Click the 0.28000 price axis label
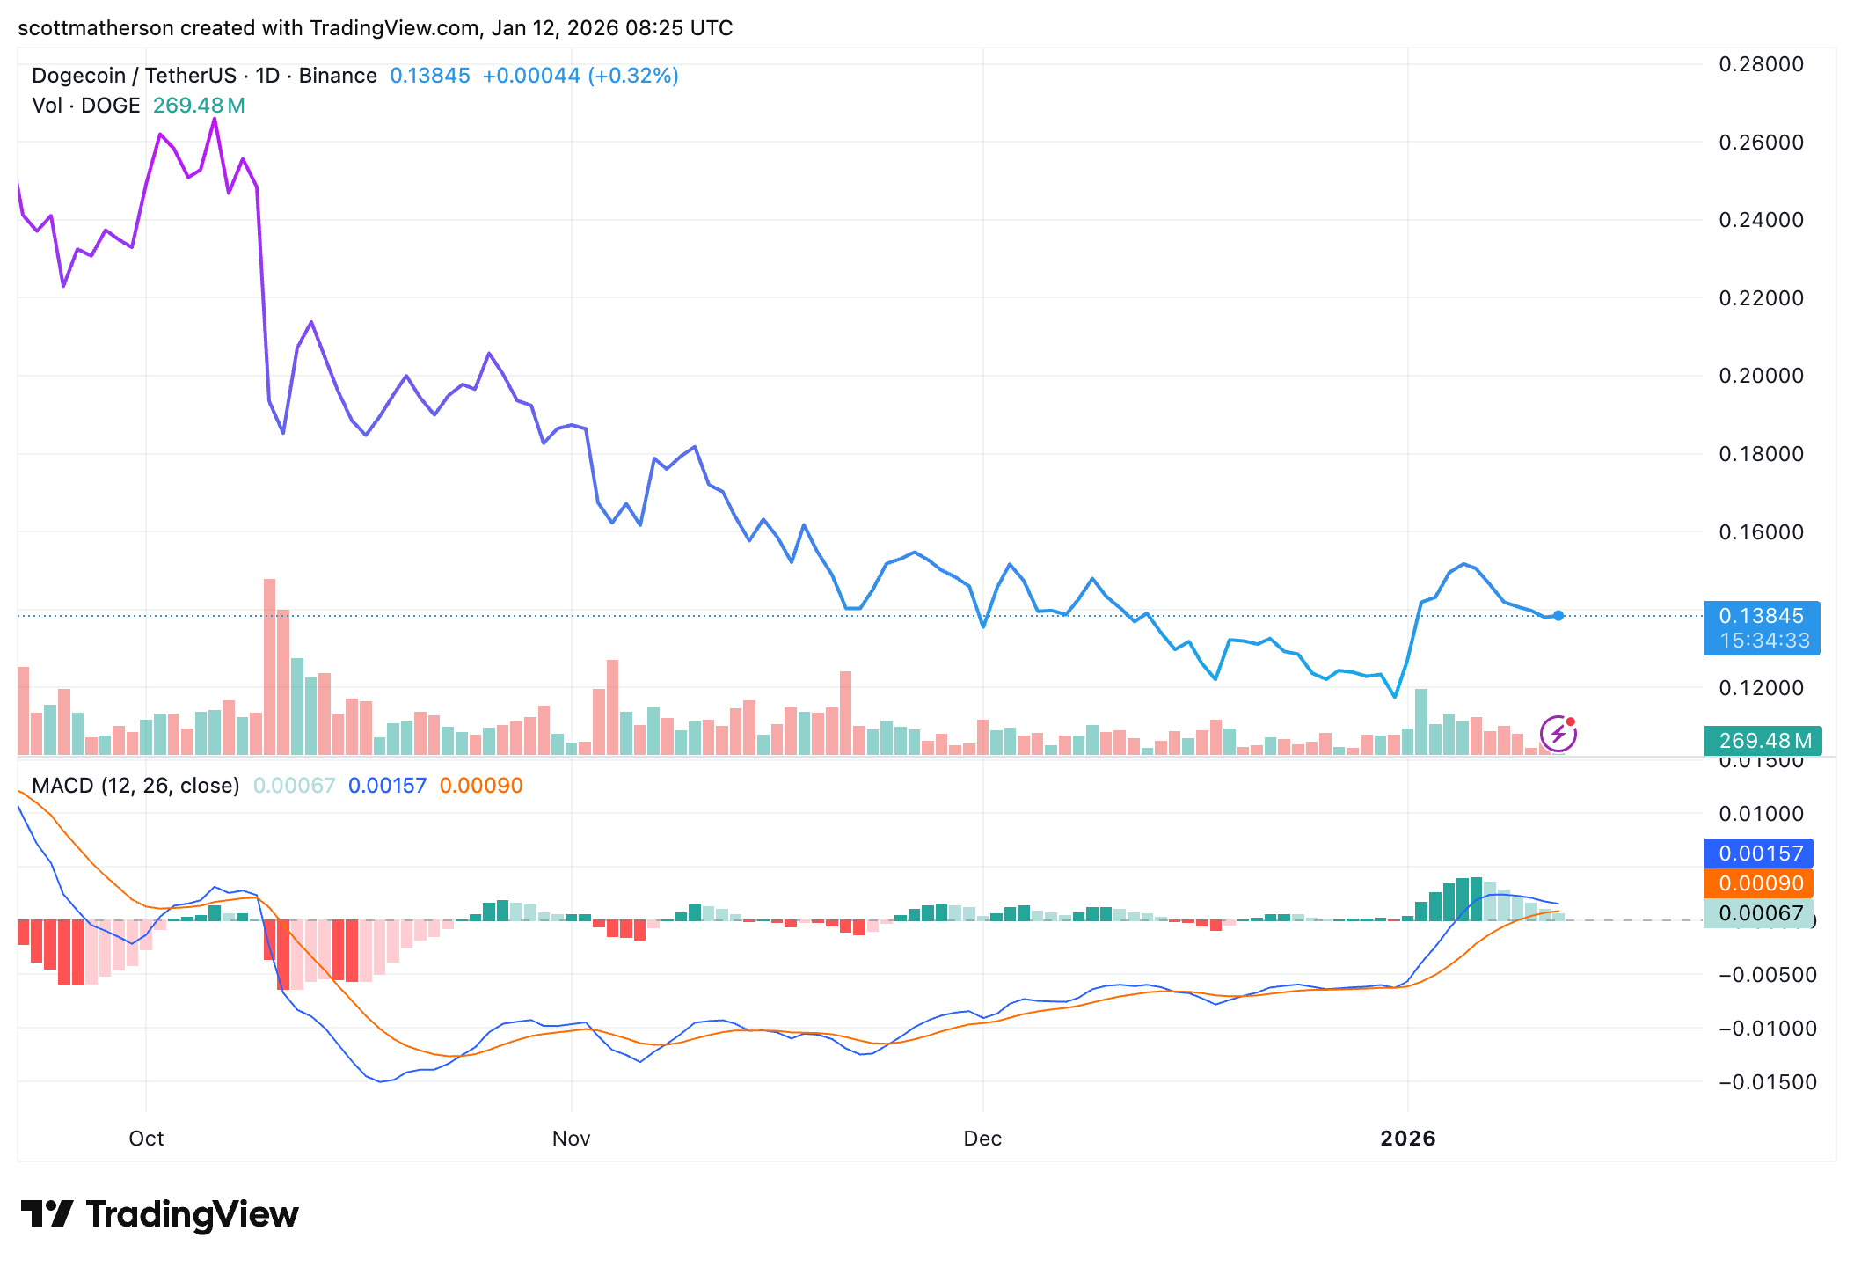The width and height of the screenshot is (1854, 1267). [1761, 64]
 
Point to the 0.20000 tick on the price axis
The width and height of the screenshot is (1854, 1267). [1761, 376]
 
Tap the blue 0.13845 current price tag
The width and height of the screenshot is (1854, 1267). [1761, 617]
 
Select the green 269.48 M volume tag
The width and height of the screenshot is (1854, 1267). [1763, 741]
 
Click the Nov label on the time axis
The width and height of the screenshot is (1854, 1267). [571, 1139]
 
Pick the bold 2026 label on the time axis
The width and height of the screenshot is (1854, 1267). [1407, 1139]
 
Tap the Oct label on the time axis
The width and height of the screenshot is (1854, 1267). [146, 1139]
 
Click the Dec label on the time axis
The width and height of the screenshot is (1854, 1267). [982, 1139]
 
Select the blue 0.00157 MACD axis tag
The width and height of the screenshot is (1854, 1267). [1759, 853]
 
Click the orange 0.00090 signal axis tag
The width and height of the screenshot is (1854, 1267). [1759, 883]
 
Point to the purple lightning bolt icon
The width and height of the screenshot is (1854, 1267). [1558, 734]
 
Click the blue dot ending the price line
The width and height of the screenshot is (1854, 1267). [1558, 616]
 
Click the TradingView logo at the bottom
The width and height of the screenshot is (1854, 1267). [160, 1214]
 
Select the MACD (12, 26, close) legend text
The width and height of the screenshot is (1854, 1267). [135, 786]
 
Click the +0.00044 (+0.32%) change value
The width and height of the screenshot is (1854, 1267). [580, 76]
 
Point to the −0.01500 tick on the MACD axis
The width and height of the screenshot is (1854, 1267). [1766, 1082]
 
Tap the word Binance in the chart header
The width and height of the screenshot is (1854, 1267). [338, 76]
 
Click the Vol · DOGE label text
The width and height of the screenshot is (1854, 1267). [86, 106]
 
